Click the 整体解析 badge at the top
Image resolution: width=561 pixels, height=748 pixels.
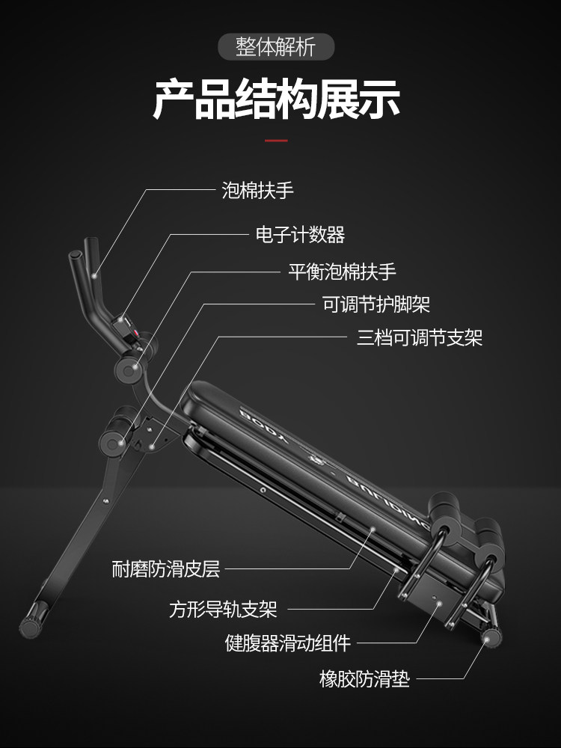point(276,47)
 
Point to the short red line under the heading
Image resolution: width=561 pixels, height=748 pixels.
point(276,140)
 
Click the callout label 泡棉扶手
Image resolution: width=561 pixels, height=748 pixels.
point(257,190)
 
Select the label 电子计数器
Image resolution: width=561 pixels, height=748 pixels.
point(300,235)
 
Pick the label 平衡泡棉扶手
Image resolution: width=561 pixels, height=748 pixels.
point(342,272)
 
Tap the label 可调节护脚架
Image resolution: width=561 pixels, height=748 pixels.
point(375,304)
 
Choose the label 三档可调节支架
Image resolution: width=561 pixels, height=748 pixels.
point(420,337)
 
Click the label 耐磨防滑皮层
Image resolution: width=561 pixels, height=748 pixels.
point(165,570)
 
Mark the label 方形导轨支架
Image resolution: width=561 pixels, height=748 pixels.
point(223,610)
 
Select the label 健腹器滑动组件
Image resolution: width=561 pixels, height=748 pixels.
point(288,643)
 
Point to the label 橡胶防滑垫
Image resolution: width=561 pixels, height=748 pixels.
point(364,680)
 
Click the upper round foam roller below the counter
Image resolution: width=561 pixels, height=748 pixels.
point(128,370)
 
